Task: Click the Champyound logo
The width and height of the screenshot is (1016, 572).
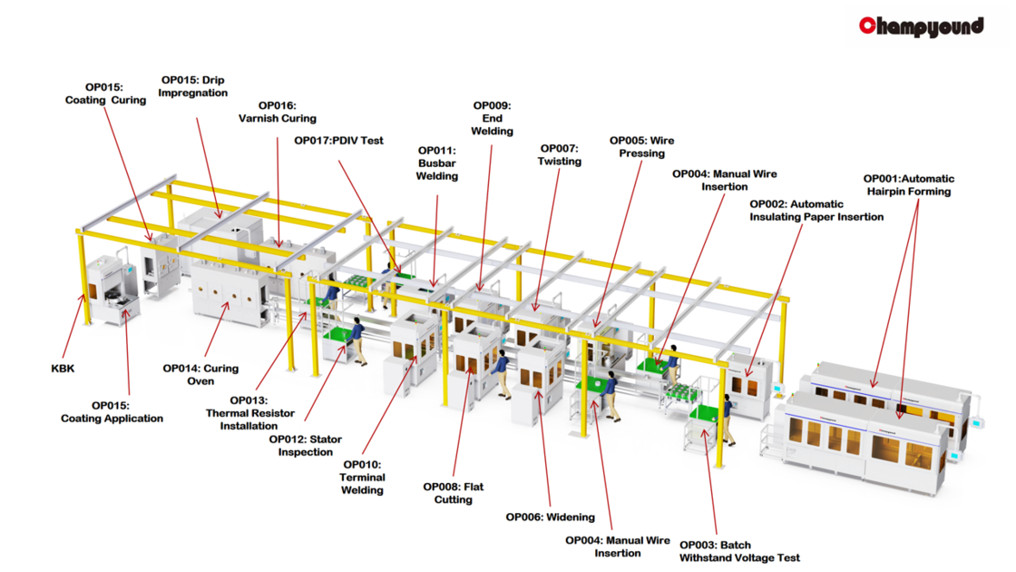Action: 922,25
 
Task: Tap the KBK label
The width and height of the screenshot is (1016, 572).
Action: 63,369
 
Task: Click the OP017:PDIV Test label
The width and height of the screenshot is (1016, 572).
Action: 339,141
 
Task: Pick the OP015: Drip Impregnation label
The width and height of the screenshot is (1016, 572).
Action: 192,86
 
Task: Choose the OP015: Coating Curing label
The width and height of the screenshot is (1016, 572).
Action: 105,94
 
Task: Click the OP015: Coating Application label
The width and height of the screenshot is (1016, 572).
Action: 112,412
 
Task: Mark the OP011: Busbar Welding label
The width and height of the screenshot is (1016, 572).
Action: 436,163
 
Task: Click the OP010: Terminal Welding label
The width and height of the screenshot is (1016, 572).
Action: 362,478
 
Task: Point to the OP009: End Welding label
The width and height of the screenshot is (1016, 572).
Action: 492,119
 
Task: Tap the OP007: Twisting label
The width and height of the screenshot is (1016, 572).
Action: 560,155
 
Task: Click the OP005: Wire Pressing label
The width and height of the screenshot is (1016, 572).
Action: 641,147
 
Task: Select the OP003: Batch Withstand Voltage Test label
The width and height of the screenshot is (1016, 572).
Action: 739,551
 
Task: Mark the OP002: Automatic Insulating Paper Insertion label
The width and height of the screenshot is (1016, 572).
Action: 816,211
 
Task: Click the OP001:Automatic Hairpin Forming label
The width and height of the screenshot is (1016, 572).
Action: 908,185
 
